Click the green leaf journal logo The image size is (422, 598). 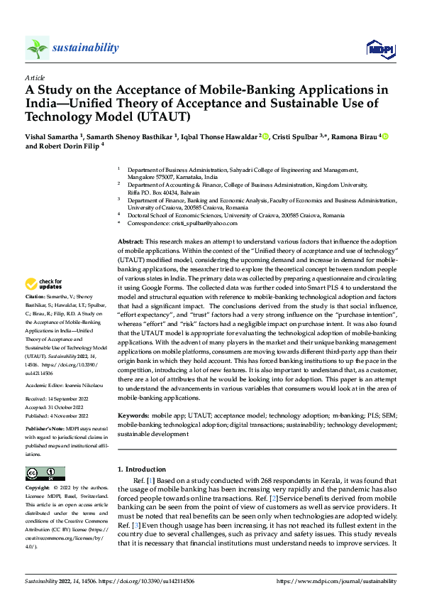37,48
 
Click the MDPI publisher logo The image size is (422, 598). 378,48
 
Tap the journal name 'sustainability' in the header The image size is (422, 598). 85,48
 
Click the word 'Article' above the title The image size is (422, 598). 35,77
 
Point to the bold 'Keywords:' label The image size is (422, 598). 133,413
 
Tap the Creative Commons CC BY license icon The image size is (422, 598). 45,474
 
